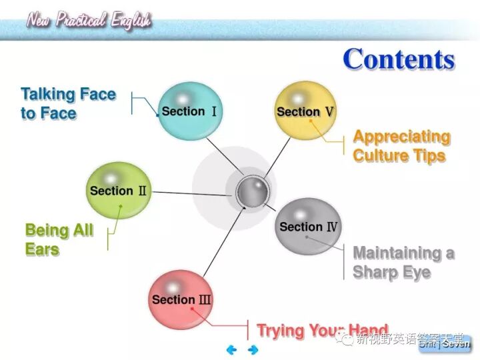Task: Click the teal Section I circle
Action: pyautogui.click(x=189, y=111)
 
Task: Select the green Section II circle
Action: pyautogui.click(x=118, y=191)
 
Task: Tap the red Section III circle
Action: pyautogui.click(x=181, y=299)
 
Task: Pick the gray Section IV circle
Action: pyautogui.click(x=308, y=227)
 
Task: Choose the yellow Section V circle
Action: pyautogui.click(x=305, y=111)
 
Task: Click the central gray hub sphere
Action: pyautogui.click(x=253, y=193)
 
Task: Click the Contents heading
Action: pyautogui.click(x=399, y=60)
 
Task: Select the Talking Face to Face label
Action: pyautogui.click(x=68, y=103)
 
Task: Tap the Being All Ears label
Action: pyautogui.click(x=59, y=240)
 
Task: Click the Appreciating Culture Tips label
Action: pyautogui.click(x=401, y=146)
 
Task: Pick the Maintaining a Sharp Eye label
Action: pyautogui.click(x=403, y=263)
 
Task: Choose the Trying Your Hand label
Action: pyautogui.click(x=322, y=330)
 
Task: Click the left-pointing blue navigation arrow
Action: pyautogui.click(x=232, y=349)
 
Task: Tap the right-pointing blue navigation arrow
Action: pyautogui.click(x=253, y=349)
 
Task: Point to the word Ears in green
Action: pyautogui.click(x=42, y=250)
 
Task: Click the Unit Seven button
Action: pyautogui.click(x=445, y=344)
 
